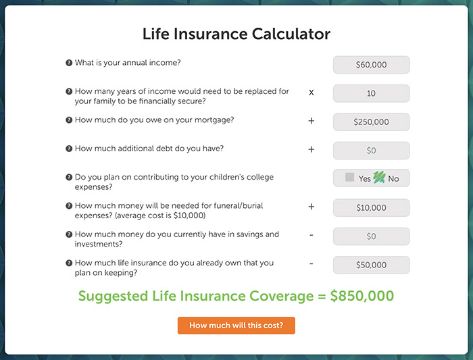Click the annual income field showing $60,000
(372, 65)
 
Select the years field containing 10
(372, 93)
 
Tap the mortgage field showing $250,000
(372, 122)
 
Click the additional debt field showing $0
(372, 151)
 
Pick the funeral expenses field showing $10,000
(372, 208)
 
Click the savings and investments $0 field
(372, 236)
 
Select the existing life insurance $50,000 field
(372, 265)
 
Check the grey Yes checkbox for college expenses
(349, 177)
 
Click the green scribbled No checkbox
(379, 177)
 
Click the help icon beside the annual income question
(69, 63)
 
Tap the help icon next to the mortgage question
(69, 120)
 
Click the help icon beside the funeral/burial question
(69, 205)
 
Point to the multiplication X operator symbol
(312, 93)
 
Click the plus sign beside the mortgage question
(312, 121)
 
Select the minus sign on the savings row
(312, 235)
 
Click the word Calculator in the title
(291, 34)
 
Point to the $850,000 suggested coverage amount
(362, 296)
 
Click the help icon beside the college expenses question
(69, 177)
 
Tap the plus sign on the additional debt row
(312, 149)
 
